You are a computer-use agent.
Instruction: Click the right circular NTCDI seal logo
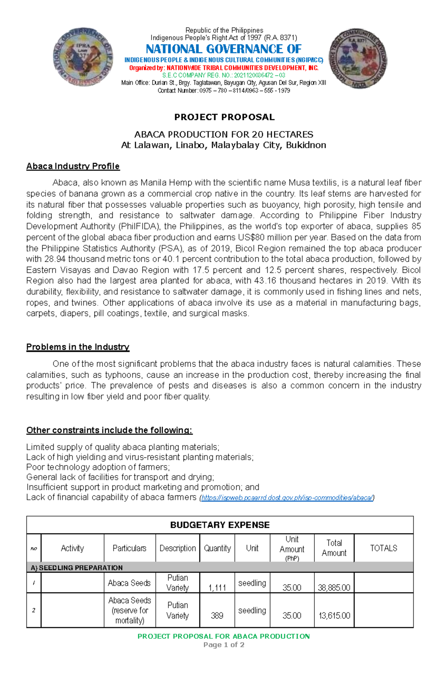click(358, 59)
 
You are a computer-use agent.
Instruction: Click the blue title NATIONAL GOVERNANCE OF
click(223, 49)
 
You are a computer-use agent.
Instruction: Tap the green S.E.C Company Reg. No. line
click(224, 75)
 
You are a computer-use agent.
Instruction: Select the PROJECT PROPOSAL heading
click(224, 117)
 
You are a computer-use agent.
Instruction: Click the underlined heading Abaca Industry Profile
click(73, 166)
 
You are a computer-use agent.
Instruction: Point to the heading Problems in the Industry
click(78, 347)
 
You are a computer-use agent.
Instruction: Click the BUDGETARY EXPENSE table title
click(220, 525)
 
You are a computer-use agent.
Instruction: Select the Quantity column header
click(217, 548)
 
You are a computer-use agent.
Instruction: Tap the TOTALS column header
click(383, 548)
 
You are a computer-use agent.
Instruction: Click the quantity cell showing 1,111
click(217, 587)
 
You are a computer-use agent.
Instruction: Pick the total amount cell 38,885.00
click(334, 587)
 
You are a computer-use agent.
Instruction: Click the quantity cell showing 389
click(217, 615)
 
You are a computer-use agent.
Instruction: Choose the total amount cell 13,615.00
click(334, 615)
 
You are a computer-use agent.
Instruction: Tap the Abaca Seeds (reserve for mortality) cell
click(130, 610)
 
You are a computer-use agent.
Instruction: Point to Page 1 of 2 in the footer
click(224, 645)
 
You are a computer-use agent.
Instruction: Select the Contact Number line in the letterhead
click(224, 90)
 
